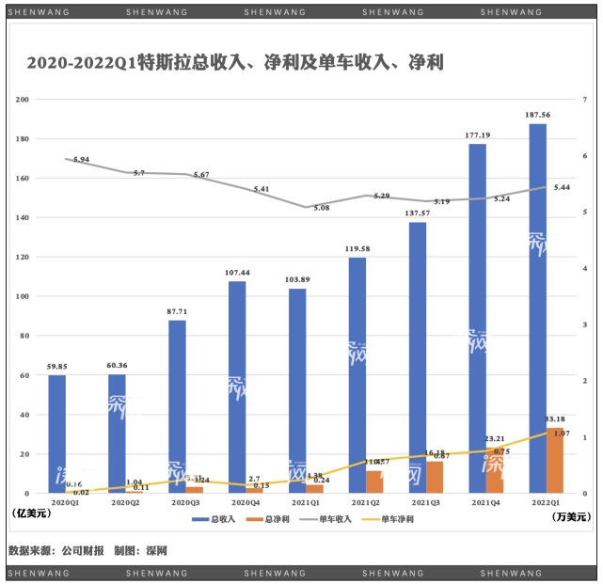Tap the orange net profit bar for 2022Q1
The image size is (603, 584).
coord(555,461)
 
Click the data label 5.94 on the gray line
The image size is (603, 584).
coord(81,160)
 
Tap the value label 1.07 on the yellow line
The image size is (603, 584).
coord(562,434)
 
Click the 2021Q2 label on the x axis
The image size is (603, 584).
coord(365,503)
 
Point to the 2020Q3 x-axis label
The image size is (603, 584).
coord(185,503)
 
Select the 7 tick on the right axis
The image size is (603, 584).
coord(585,100)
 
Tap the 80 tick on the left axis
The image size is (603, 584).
coord(25,336)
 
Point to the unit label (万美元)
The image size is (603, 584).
coord(570,515)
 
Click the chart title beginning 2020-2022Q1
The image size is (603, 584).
coord(235,64)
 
